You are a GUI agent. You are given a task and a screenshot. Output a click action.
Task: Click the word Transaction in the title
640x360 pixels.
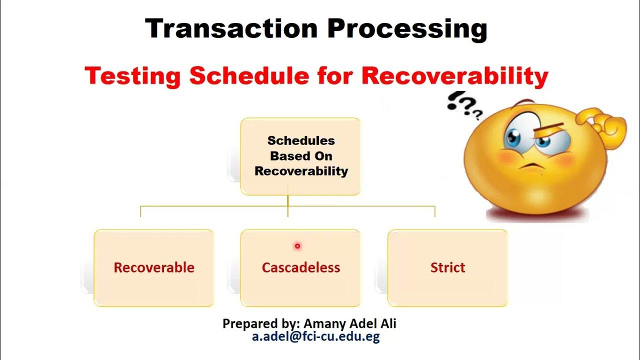[230, 28]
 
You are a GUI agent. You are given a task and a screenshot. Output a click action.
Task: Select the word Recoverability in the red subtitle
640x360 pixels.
[455, 76]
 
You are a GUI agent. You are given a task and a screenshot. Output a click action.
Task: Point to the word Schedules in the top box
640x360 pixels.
[301, 140]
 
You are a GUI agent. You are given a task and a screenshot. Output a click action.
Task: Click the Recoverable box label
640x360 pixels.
[154, 267]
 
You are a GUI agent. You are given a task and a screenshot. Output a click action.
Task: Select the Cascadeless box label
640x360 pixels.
[301, 267]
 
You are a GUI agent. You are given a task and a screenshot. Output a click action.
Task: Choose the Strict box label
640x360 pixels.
[447, 267]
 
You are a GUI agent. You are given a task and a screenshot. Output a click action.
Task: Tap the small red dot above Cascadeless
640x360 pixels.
[297, 245]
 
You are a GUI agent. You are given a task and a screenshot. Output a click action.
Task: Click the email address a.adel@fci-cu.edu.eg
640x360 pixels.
[316, 336]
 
